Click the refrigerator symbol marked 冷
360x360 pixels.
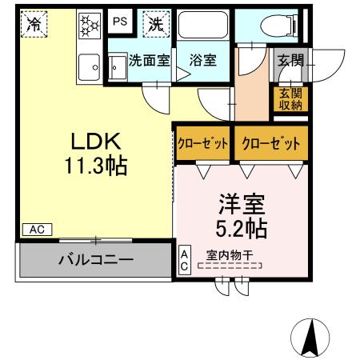[34, 24]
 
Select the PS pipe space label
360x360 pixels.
[119, 22]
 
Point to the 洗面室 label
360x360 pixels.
[149, 59]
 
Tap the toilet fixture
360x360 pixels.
[276, 26]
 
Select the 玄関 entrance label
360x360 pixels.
[289, 60]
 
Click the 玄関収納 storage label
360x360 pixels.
[289, 98]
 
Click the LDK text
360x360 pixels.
[96, 142]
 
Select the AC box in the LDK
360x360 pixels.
[35, 230]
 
